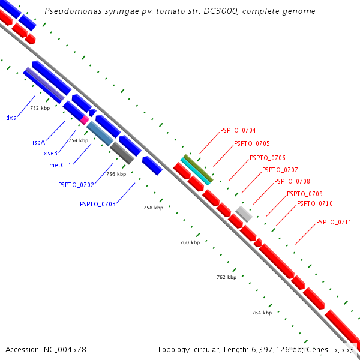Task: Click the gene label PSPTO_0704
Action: click(238, 130)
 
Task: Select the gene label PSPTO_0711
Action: click(334, 223)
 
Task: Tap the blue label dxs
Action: click(11, 118)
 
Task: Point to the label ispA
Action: click(39, 143)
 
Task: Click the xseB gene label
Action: click(50, 154)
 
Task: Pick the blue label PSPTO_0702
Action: click(76, 185)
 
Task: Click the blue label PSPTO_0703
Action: click(98, 204)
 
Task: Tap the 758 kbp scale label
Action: click(153, 208)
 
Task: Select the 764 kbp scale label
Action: click(262, 313)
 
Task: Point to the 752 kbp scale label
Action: click(40, 108)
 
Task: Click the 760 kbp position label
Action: click(190, 242)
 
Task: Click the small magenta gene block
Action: click(85, 120)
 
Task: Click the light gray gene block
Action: click(244, 214)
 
